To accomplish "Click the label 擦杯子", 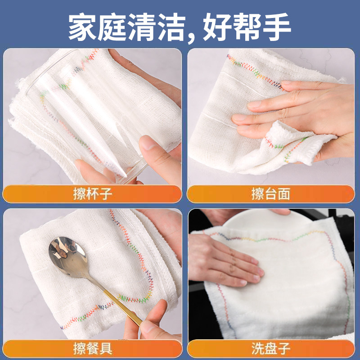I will (92, 194).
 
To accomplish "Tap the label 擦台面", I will (270, 194).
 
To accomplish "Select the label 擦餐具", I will (92, 348).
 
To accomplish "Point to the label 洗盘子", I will (270, 348).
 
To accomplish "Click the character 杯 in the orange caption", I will (92, 194).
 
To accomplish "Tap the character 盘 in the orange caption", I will (270, 348).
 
